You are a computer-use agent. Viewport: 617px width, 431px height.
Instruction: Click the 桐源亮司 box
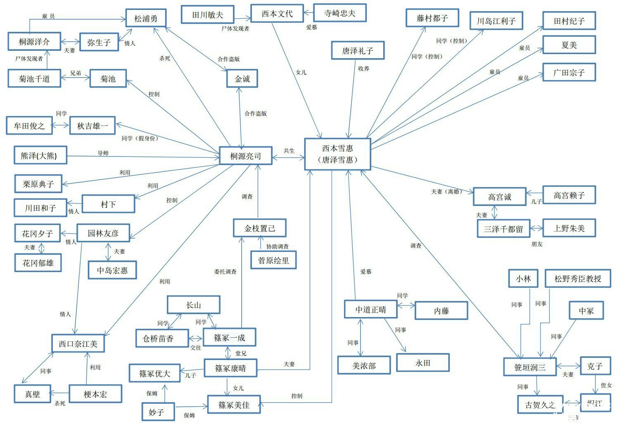(246, 156)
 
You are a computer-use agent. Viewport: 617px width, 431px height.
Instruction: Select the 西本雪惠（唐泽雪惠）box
(338, 154)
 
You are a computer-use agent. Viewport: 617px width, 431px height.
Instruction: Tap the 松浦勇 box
(146, 18)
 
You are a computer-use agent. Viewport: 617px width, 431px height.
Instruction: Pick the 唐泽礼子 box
(358, 50)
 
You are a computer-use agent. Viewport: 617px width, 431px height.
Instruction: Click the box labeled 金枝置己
(260, 228)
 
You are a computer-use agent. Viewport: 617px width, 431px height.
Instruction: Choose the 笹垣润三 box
(530, 367)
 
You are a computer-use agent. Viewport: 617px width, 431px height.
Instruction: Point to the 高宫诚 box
(500, 197)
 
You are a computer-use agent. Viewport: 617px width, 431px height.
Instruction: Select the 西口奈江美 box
(78, 343)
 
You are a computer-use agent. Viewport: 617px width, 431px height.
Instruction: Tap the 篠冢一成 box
(230, 337)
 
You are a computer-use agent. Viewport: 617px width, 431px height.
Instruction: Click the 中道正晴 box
(371, 309)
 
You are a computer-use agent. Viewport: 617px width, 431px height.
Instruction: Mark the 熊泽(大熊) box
(40, 155)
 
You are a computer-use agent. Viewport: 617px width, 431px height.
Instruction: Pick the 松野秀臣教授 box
(578, 278)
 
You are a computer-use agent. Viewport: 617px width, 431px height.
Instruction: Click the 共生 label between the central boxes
(289, 151)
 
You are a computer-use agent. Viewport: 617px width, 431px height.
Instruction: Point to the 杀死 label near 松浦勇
(165, 58)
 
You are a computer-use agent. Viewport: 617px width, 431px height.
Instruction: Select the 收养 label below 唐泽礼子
(363, 68)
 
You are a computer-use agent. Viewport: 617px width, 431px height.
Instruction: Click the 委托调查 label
(225, 272)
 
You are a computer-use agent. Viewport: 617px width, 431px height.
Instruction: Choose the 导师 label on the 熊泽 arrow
(103, 153)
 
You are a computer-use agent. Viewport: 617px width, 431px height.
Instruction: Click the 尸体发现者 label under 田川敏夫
(235, 28)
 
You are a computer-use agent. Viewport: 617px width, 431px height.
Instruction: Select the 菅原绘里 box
(273, 260)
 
